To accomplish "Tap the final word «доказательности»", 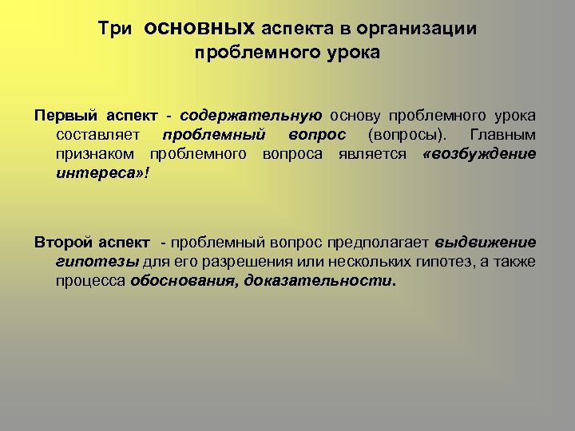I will (x=319, y=281).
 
